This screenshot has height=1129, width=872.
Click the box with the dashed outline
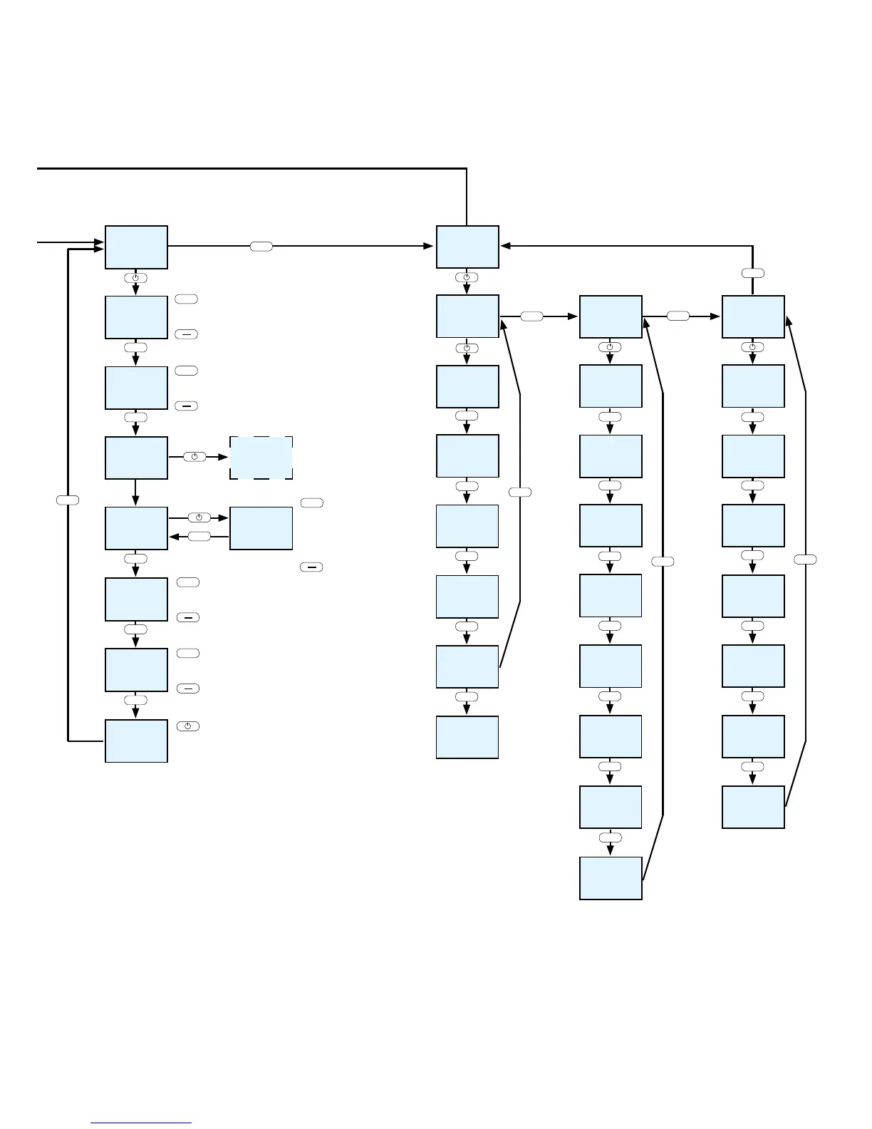(x=261, y=458)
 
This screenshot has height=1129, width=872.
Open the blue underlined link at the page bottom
(x=141, y=1123)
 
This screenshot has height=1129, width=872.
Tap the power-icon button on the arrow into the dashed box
(x=194, y=457)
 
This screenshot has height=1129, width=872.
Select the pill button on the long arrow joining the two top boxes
(x=261, y=247)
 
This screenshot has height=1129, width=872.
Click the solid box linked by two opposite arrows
(x=261, y=528)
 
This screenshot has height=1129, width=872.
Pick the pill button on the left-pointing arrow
(x=199, y=536)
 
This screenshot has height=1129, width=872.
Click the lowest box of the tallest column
(x=611, y=878)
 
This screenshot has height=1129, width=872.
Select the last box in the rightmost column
(x=753, y=807)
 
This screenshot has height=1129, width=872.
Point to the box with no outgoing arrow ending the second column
(x=467, y=737)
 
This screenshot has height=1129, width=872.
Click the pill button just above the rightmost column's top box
(x=753, y=273)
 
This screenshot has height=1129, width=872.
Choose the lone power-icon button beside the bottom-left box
(x=188, y=726)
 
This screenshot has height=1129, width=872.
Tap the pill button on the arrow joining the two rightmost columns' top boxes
(x=678, y=316)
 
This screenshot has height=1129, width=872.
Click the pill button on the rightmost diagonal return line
(x=805, y=560)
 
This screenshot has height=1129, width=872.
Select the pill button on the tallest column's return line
(x=663, y=562)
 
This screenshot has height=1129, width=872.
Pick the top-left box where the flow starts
(x=136, y=247)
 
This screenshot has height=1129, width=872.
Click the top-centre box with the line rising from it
(x=467, y=247)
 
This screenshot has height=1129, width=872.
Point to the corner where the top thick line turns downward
(x=467, y=169)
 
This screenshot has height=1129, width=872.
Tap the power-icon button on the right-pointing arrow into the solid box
(x=199, y=518)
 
